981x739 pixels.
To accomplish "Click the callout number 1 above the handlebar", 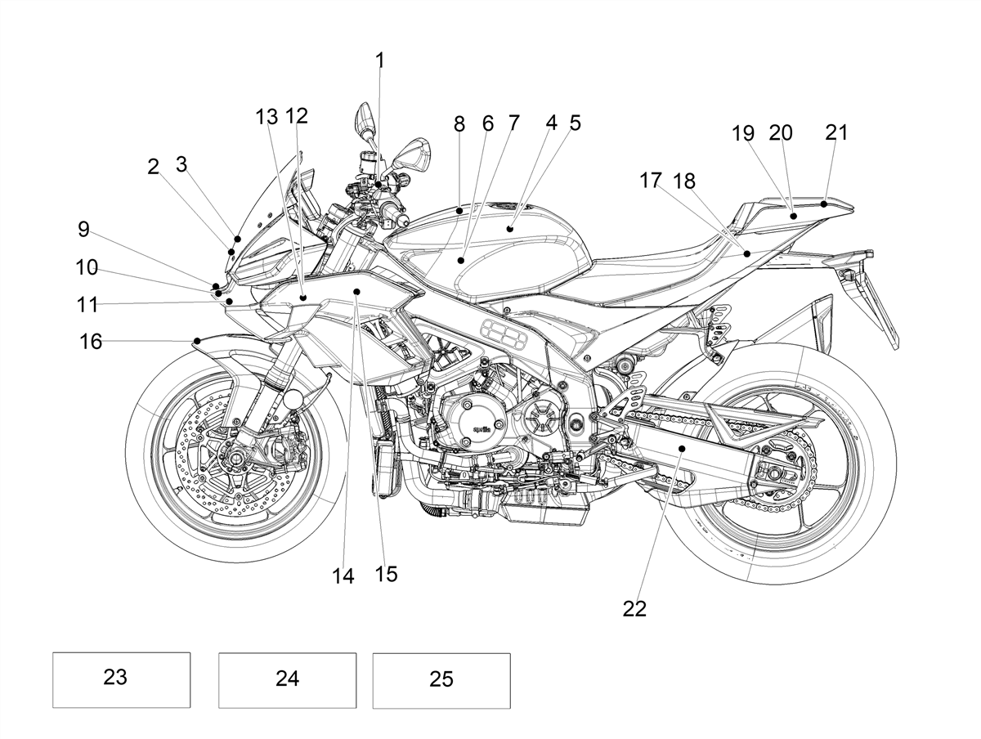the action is [380, 60].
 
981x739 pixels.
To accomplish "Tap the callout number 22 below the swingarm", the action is [634, 609].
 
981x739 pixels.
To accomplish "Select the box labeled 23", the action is [121, 680].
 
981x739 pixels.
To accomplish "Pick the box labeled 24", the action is [288, 680].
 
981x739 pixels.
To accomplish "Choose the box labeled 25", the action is [441, 681].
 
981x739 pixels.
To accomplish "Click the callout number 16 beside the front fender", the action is [91, 342].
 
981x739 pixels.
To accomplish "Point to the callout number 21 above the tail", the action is [836, 132].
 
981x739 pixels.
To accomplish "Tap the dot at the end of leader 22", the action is [682, 448].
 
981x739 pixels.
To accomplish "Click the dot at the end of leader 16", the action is [197, 341].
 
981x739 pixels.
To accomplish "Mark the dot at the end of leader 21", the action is [824, 204].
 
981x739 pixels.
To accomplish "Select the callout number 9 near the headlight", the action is [83, 229].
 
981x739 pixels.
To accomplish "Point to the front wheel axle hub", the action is [233, 457].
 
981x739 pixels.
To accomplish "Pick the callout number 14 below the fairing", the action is [343, 576].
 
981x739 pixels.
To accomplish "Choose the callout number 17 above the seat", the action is [650, 181].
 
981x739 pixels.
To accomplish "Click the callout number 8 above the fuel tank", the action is [459, 123].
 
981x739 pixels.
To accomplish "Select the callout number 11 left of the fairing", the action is [87, 305].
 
